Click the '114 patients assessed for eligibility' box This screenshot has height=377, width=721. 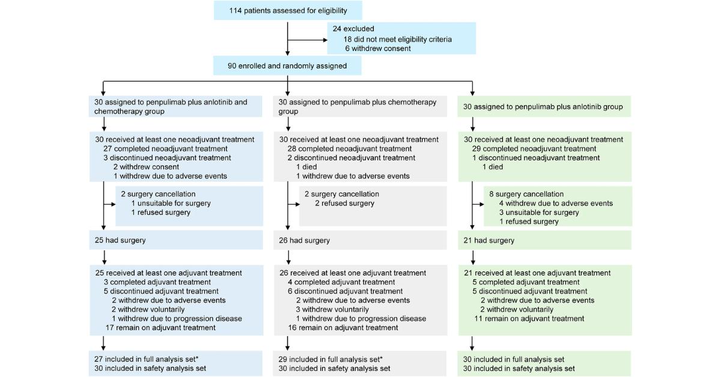point(288,11)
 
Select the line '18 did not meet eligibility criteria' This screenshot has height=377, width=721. point(397,39)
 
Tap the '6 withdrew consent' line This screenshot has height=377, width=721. point(377,49)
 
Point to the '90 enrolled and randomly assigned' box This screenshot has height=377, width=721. point(287,65)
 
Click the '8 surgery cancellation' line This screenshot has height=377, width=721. point(526,194)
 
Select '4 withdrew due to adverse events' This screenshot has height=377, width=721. point(555,204)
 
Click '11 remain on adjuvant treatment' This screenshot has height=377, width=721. point(528,319)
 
